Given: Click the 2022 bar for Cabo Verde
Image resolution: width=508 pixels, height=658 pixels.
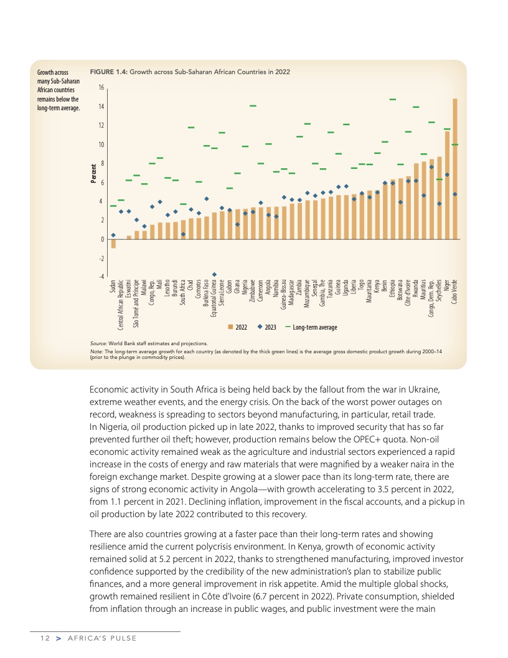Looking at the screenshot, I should [x=455, y=169].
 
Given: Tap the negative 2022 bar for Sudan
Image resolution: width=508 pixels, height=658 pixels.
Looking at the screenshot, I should [x=113, y=244].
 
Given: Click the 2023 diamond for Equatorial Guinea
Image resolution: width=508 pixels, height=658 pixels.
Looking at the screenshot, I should [x=214, y=274].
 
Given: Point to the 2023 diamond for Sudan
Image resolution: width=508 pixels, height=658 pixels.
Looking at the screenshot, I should [x=113, y=235].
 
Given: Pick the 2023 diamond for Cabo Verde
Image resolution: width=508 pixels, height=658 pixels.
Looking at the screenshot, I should [x=455, y=194].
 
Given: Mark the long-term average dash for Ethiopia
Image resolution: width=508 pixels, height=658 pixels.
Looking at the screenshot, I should [x=393, y=99].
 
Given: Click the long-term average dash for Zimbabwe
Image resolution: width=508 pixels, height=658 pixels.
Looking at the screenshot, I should [x=253, y=106].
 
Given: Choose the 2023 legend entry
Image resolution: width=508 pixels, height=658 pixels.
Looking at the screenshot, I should [x=266, y=327].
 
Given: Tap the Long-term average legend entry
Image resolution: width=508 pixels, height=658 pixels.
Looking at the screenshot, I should [x=311, y=327].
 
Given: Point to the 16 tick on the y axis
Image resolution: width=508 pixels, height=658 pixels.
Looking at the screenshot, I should [x=101, y=88].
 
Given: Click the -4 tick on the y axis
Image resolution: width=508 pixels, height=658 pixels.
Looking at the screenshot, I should [x=101, y=277].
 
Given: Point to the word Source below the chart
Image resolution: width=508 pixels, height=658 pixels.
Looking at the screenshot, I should [x=98, y=343].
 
